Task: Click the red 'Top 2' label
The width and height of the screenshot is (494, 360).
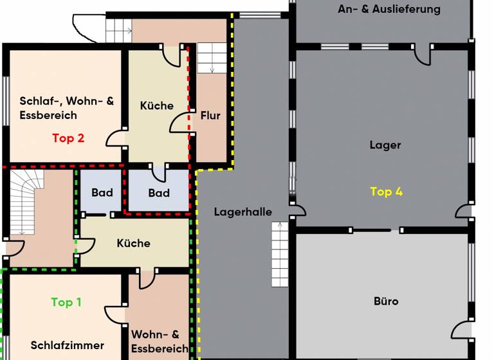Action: (68, 138)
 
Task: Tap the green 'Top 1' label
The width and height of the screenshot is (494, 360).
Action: (66, 302)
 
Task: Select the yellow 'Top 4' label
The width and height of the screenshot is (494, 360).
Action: (386, 192)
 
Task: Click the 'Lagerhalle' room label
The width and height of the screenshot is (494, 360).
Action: (243, 212)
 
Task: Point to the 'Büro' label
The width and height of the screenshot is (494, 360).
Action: (386, 301)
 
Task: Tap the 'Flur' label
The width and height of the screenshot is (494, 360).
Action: (210, 116)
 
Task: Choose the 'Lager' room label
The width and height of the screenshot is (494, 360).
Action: (385, 145)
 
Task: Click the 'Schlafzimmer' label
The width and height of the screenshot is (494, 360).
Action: (67, 345)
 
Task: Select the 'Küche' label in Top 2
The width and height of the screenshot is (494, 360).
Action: (157, 105)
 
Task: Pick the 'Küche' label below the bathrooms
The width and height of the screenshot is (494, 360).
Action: (134, 243)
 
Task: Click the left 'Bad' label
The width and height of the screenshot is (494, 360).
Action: (102, 192)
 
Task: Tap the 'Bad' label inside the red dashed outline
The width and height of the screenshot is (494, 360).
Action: (159, 193)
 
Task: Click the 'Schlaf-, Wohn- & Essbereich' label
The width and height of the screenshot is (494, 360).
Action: (66, 108)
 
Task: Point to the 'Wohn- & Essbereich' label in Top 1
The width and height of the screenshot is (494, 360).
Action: (160, 341)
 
